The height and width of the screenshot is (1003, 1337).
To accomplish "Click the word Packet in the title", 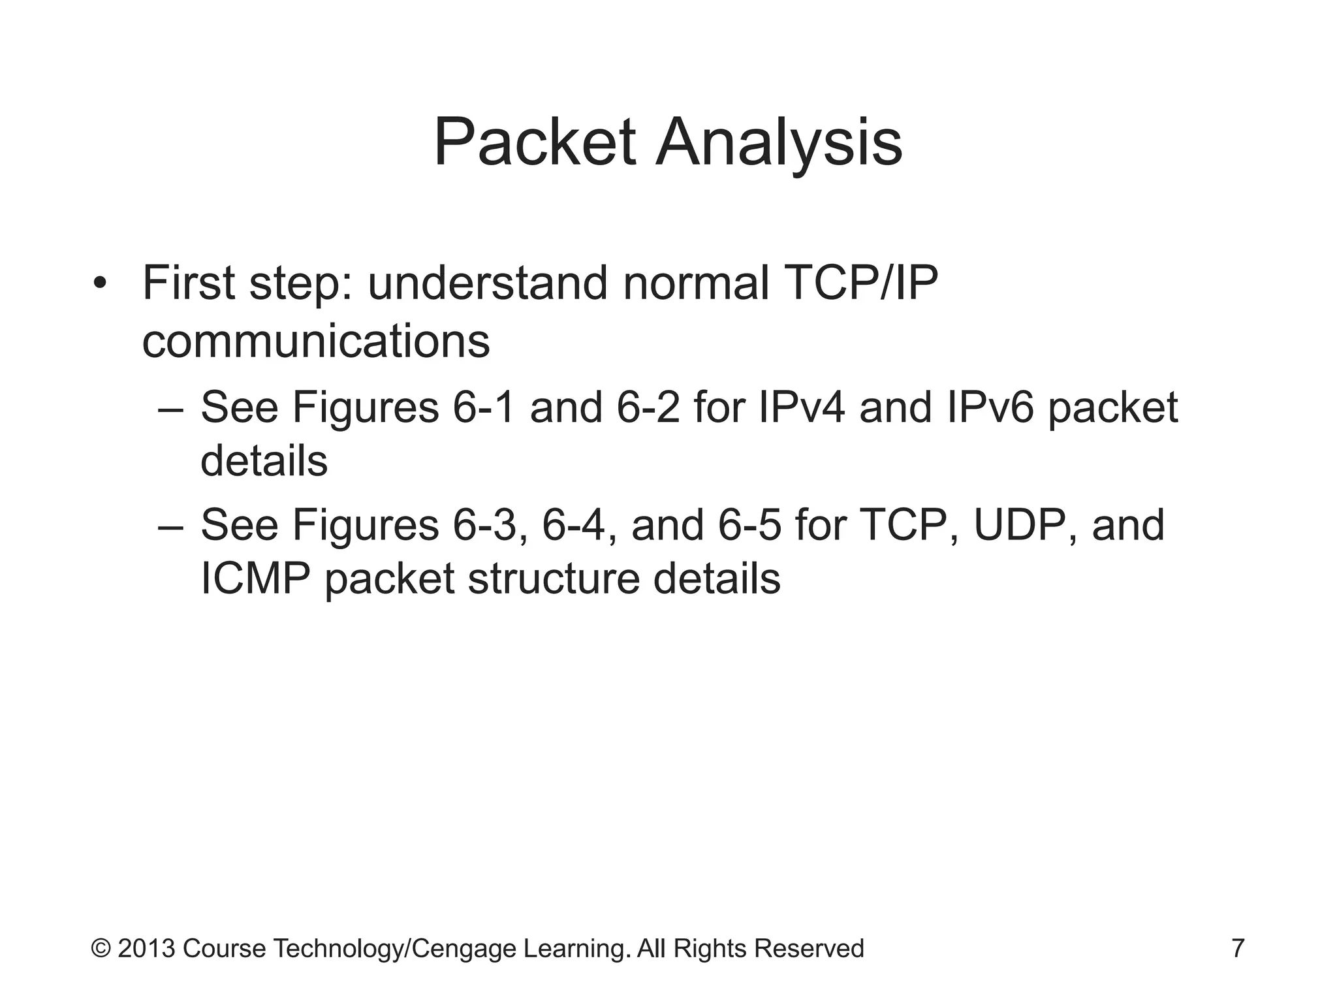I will click(x=534, y=142).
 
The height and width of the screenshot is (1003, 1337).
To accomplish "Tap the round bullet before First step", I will click(x=99, y=285).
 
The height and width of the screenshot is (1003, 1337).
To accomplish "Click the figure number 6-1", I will click(x=484, y=407).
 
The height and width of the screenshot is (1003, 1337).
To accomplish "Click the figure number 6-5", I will click(x=749, y=525).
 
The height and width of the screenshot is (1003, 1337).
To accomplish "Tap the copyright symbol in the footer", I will click(x=101, y=948).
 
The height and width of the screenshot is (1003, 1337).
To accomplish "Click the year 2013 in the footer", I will click(x=146, y=948).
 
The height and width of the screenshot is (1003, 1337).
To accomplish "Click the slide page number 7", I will click(x=1238, y=948).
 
